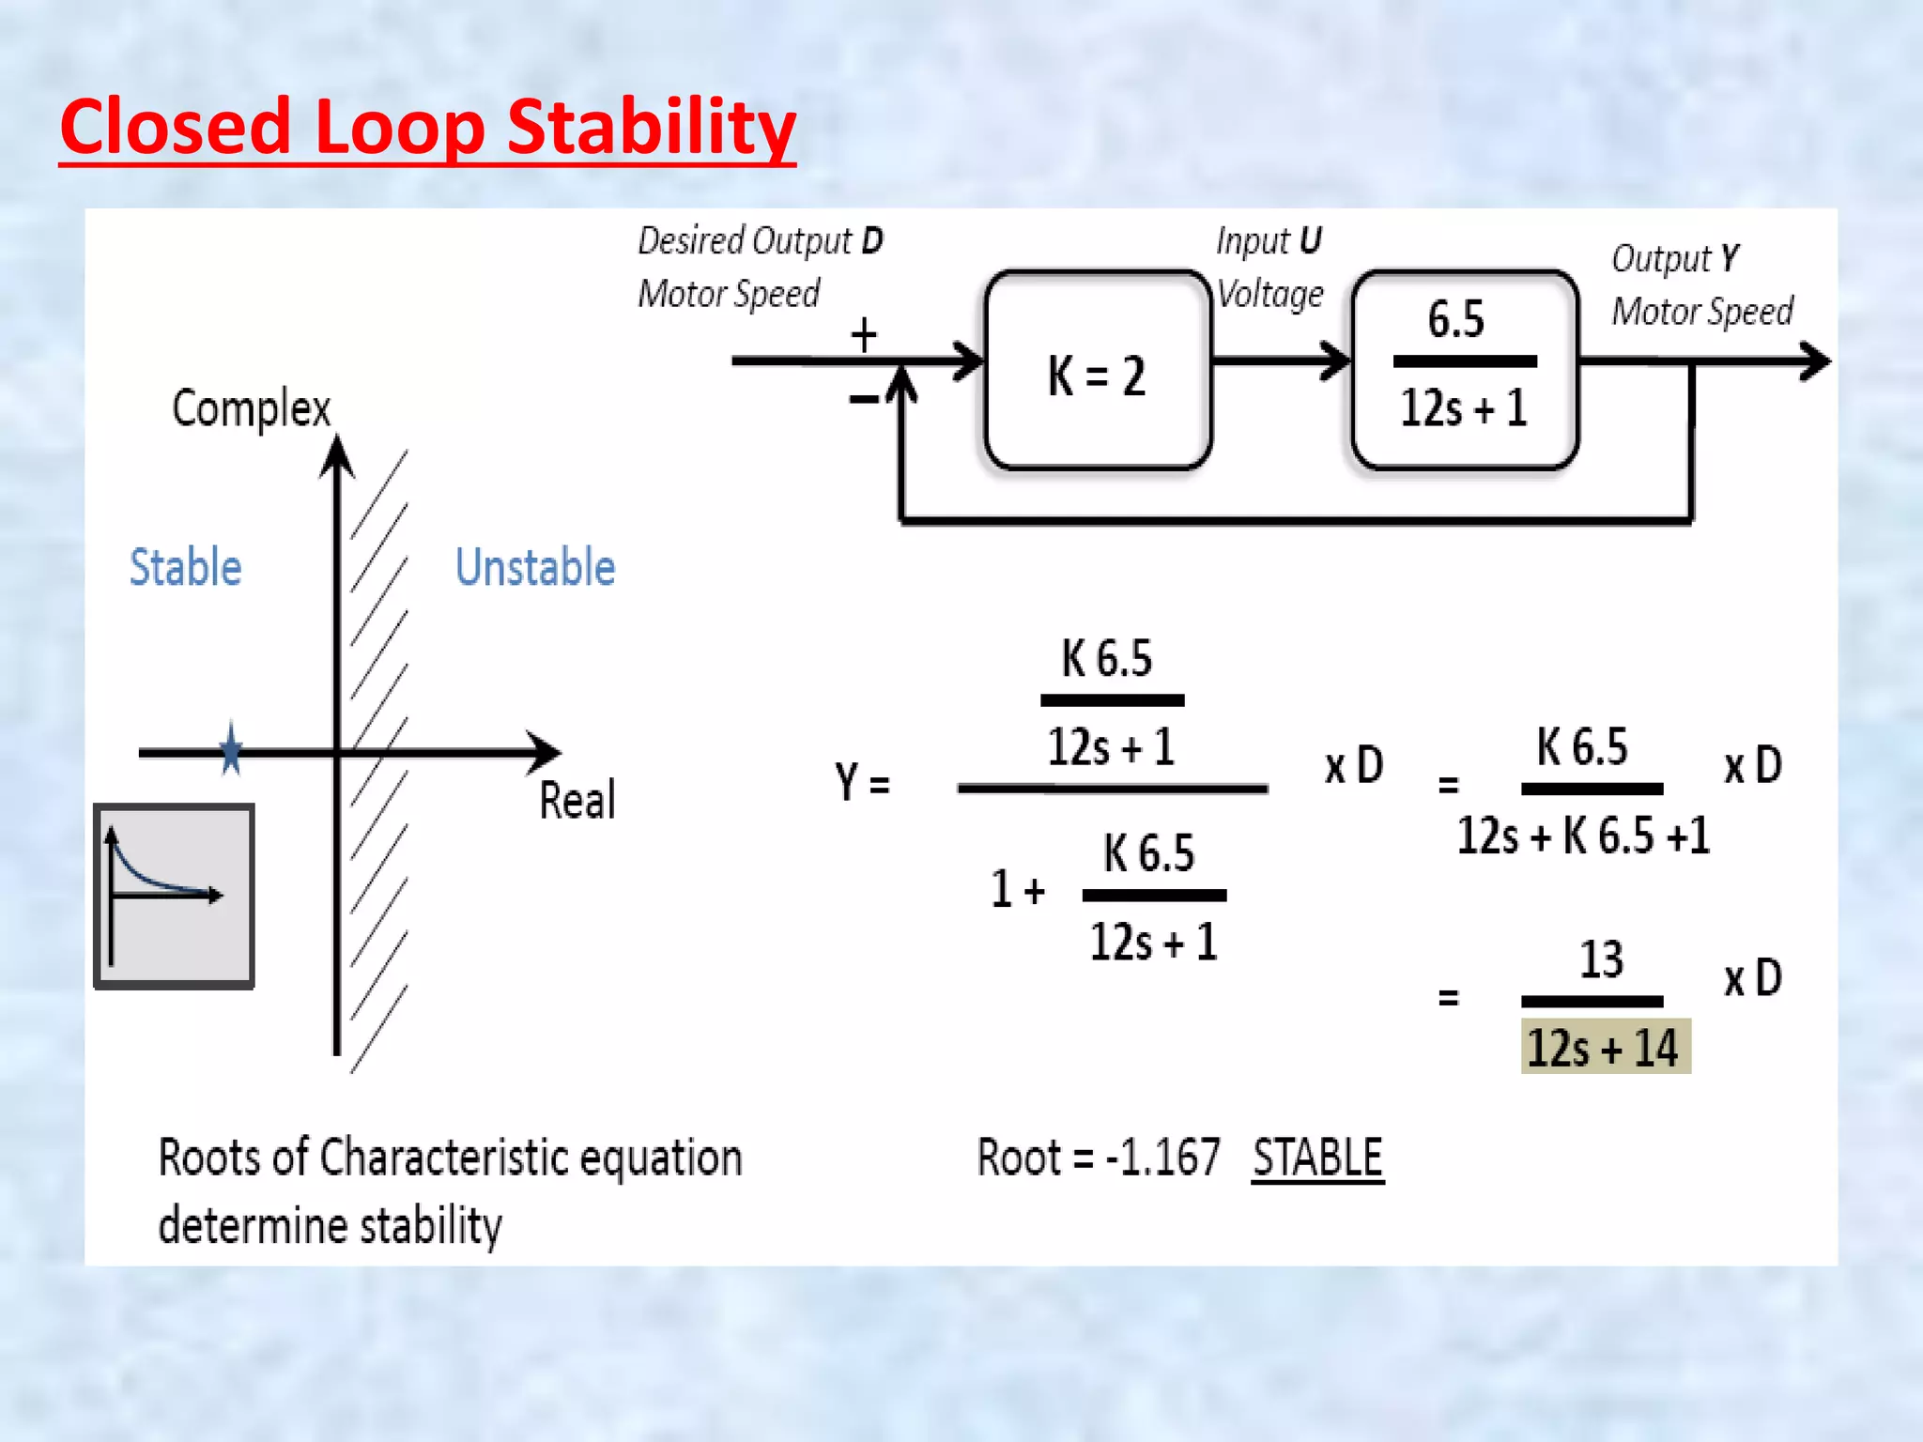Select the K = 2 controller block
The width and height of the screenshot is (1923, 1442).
pos(1097,372)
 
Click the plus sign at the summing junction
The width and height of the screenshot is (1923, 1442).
pos(864,335)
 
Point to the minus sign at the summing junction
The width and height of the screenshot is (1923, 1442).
pos(863,400)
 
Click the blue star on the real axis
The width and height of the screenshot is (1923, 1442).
pos(231,749)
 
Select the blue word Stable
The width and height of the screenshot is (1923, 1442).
pos(185,567)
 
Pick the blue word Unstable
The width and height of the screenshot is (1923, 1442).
pos(535,567)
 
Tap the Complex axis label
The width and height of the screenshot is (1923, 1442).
pos(251,408)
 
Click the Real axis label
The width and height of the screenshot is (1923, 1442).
pos(577,801)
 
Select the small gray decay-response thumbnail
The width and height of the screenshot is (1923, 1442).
pos(175,896)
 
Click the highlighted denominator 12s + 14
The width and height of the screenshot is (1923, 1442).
pos(1605,1047)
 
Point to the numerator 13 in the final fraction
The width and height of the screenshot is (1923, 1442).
pos(1601,959)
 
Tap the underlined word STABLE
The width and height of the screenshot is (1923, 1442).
pos(1317,1157)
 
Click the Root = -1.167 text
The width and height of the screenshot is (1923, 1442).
pos(1099,1157)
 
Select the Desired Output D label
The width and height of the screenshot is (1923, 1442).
pos(761,241)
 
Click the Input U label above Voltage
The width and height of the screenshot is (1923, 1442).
pos(1269,241)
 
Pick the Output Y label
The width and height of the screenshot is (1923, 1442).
pos(1676,258)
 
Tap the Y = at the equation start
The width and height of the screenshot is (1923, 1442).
pos(862,781)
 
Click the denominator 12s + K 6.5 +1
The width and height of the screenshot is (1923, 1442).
pos(1583,835)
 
